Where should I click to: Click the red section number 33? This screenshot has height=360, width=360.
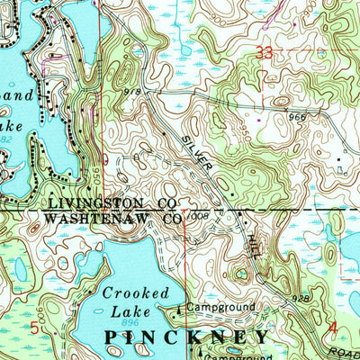(x=264, y=54)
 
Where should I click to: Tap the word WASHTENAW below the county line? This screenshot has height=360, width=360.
(x=96, y=219)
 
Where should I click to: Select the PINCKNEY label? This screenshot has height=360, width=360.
(x=186, y=337)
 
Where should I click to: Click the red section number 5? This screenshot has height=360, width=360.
(x=35, y=328)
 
